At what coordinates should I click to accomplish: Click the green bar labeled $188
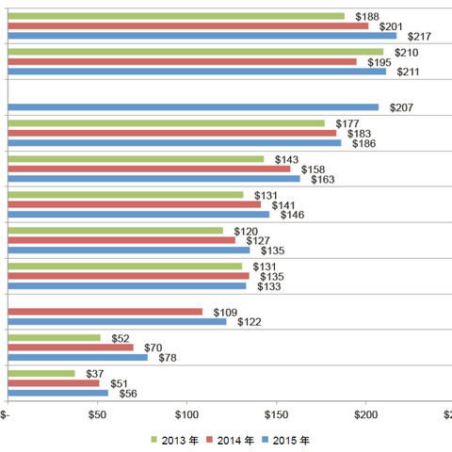tap(176, 16)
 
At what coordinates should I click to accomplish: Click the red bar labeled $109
tap(105, 312)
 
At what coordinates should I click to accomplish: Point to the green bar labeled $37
tap(40, 373)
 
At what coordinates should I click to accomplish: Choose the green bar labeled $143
tap(136, 159)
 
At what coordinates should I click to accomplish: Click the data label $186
tap(363, 143)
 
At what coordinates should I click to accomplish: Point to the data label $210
tap(407, 52)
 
